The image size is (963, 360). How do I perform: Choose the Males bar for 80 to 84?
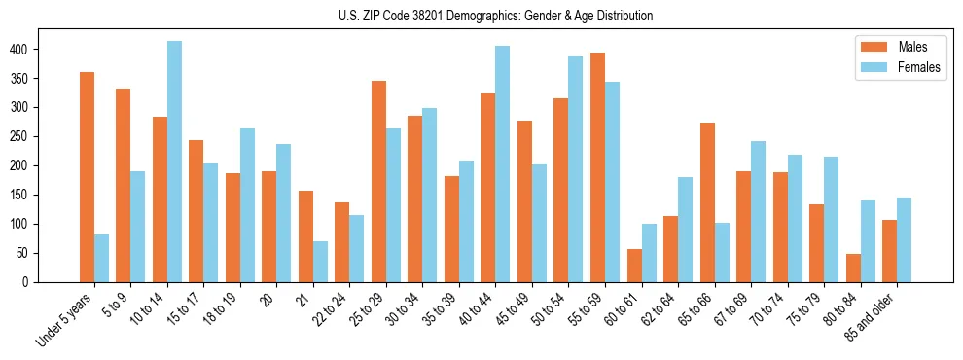tap(853, 268)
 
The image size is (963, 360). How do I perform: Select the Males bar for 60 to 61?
tap(634, 266)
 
